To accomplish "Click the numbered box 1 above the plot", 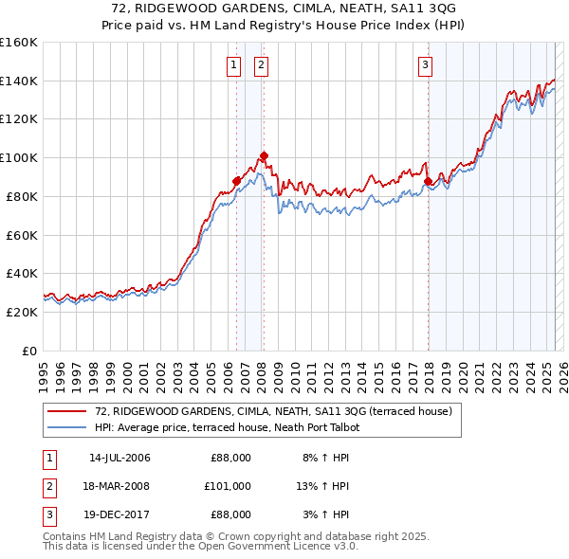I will click(233, 65).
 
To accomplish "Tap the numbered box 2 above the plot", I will click(261, 65).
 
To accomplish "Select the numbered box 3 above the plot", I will click(426, 65).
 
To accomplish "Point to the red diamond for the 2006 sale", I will click(236, 180).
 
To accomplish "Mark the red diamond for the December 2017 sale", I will click(428, 180).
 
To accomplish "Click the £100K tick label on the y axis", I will click(20, 157).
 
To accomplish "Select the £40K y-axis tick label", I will click(23, 273).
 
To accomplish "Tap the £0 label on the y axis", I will click(29, 351).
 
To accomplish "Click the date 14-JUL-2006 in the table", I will click(119, 458).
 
